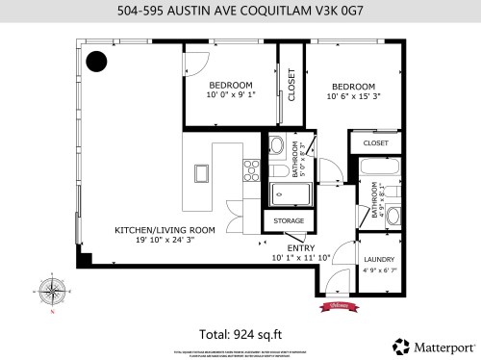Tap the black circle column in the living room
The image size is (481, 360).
pyautogui.click(x=96, y=63)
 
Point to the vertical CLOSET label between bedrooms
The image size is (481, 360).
pyautogui.click(x=291, y=86)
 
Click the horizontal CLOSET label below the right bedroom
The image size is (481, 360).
pyautogui.click(x=376, y=142)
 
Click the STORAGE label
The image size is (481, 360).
pyautogui.click(x=288, y=221)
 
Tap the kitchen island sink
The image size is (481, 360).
pyautogui.click(x=201, y=173)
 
